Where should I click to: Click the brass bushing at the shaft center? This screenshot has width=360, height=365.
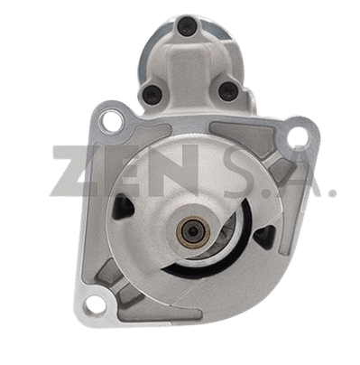click(192, 231)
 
